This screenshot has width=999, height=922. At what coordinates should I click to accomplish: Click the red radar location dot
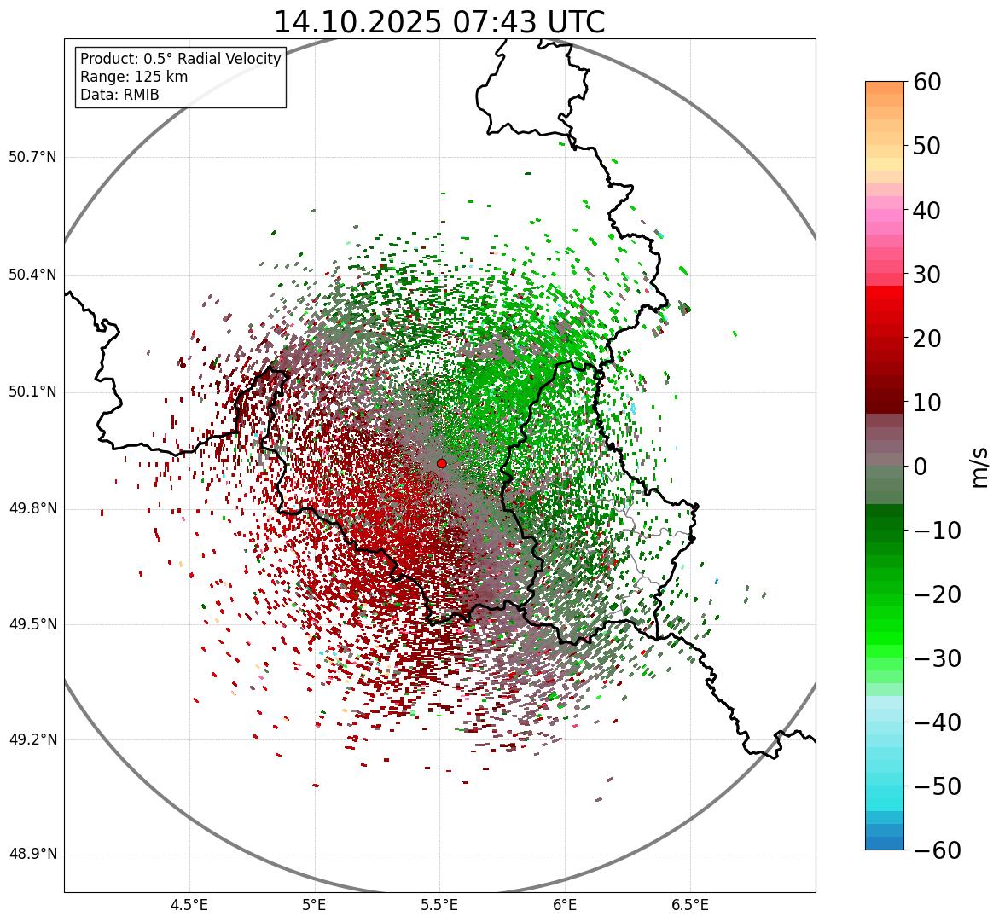click(441, 463)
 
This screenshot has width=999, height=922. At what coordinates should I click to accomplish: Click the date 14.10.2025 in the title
click(357, 22)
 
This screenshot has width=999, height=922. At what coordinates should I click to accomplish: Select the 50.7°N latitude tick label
click(32, 158)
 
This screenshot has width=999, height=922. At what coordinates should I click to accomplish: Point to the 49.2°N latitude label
click(32, 739)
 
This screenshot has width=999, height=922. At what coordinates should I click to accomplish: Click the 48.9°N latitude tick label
click(32, 855)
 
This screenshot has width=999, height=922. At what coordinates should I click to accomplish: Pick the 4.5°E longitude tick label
click(189, 905)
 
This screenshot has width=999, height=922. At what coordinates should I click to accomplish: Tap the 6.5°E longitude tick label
click(690, 905)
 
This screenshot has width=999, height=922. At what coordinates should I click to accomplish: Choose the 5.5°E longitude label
click(439, 905)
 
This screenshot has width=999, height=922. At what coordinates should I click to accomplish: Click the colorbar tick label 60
click(927, 82)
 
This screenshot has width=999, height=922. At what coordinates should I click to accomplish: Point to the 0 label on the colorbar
click(921, 467)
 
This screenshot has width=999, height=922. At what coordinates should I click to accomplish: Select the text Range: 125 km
click(134, 77)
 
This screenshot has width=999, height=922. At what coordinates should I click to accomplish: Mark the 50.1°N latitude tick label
click(32, 392)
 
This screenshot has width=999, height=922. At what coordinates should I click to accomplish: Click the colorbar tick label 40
click(927, 210)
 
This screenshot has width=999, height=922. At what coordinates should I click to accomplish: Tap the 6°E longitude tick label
click(565, 905)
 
